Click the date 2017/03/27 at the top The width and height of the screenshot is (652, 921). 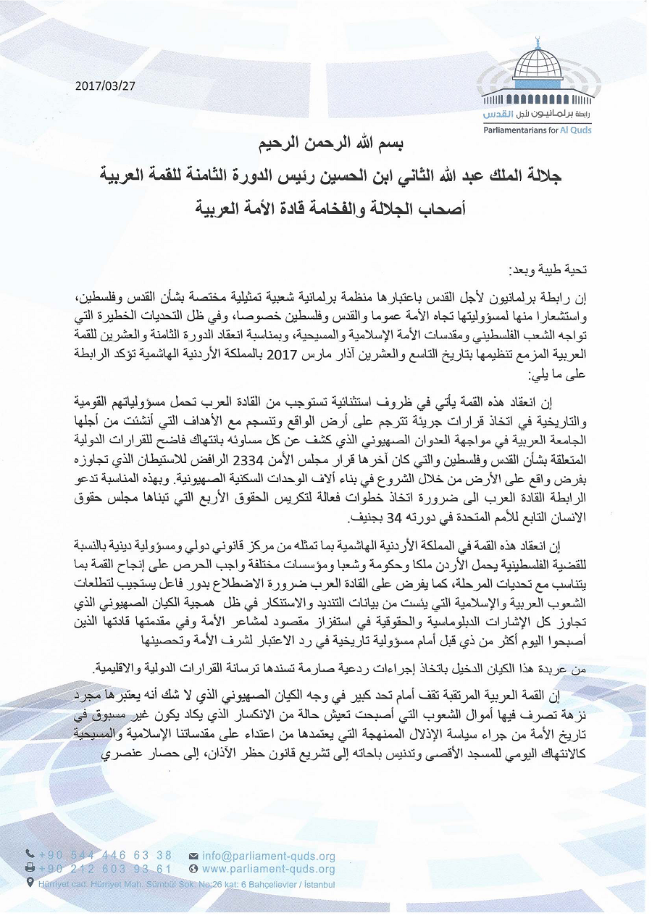click(x=105, y=85)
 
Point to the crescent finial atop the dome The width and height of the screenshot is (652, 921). click(x=538, y=40)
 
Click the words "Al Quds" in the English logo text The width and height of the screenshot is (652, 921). click(x=577, y=130)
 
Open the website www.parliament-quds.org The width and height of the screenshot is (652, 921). click(x=269, y=869)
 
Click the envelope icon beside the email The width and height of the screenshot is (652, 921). click(x=193, y=856)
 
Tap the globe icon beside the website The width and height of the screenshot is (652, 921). click(x=193, y=869)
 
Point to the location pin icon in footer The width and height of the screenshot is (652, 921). click(x=29, y=883)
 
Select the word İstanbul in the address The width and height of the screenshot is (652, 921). click(x=316, y=883)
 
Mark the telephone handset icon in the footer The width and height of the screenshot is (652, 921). click(x=30, y=855)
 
